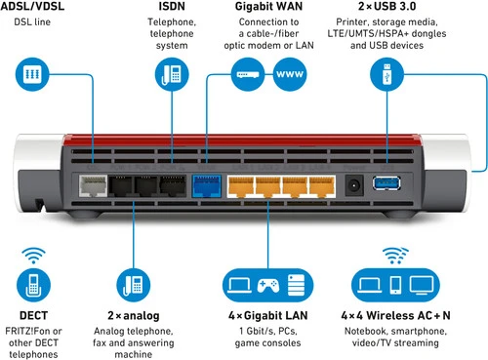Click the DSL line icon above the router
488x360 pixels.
tap(31, 74)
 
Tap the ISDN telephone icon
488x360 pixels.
tap(172, 74)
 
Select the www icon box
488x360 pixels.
tap(288, 73)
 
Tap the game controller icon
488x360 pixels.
tap(267, 285)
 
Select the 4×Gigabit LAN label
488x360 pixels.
tap(266, 316)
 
